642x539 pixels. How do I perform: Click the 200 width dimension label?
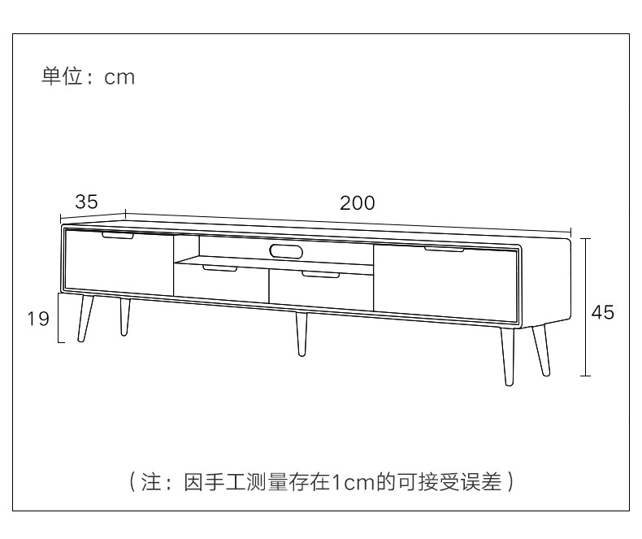click(x=357, y=203)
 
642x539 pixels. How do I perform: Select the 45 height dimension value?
click(x=602, y=312)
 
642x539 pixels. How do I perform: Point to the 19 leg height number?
click(x=38, y=319)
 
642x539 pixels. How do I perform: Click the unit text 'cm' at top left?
click(x=119, y=78)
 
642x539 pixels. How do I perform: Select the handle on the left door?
click(x=118, y=237)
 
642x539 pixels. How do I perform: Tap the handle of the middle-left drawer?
click(x=219, y=267)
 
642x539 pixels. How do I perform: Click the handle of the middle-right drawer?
click(x=320, y=275)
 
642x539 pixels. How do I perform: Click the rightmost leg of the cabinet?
click(x=541, y=350)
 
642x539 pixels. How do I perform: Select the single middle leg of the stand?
click(x=301, y=333)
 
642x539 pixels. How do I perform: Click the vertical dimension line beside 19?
click(x=60, y=317)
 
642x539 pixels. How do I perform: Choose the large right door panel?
click(x=444, y=280)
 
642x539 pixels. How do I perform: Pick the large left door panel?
click(x=119, y=263)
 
